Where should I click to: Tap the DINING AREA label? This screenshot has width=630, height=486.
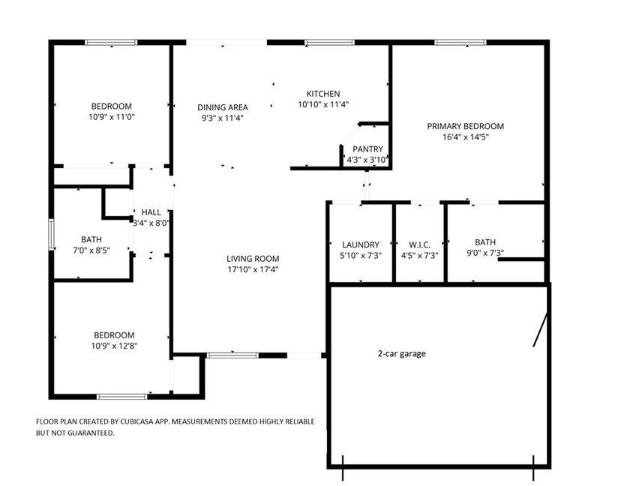coord(223,107)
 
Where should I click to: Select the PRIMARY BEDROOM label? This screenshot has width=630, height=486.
coord(465,126)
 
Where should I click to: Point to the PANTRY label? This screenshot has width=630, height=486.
coord(367,149)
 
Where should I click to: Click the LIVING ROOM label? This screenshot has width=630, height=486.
coord(253,259)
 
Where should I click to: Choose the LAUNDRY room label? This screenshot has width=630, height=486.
coord(360,244)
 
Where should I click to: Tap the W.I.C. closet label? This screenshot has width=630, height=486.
coord(419,244)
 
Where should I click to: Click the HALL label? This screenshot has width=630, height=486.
coord(151,212)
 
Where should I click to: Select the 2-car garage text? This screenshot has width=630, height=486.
coord(401,353)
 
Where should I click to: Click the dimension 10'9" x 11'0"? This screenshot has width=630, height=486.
coord(112,117)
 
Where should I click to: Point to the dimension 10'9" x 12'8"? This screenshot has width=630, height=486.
coord(114,346)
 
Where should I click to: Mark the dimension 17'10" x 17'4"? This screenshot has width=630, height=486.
coord(253,269)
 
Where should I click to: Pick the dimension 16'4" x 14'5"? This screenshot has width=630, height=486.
coord(465,137)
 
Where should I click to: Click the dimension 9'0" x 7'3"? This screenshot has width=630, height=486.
coord(484,254)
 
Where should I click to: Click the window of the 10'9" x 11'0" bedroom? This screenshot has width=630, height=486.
coord(111,43)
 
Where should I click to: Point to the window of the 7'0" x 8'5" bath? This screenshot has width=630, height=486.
coord(51,234)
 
